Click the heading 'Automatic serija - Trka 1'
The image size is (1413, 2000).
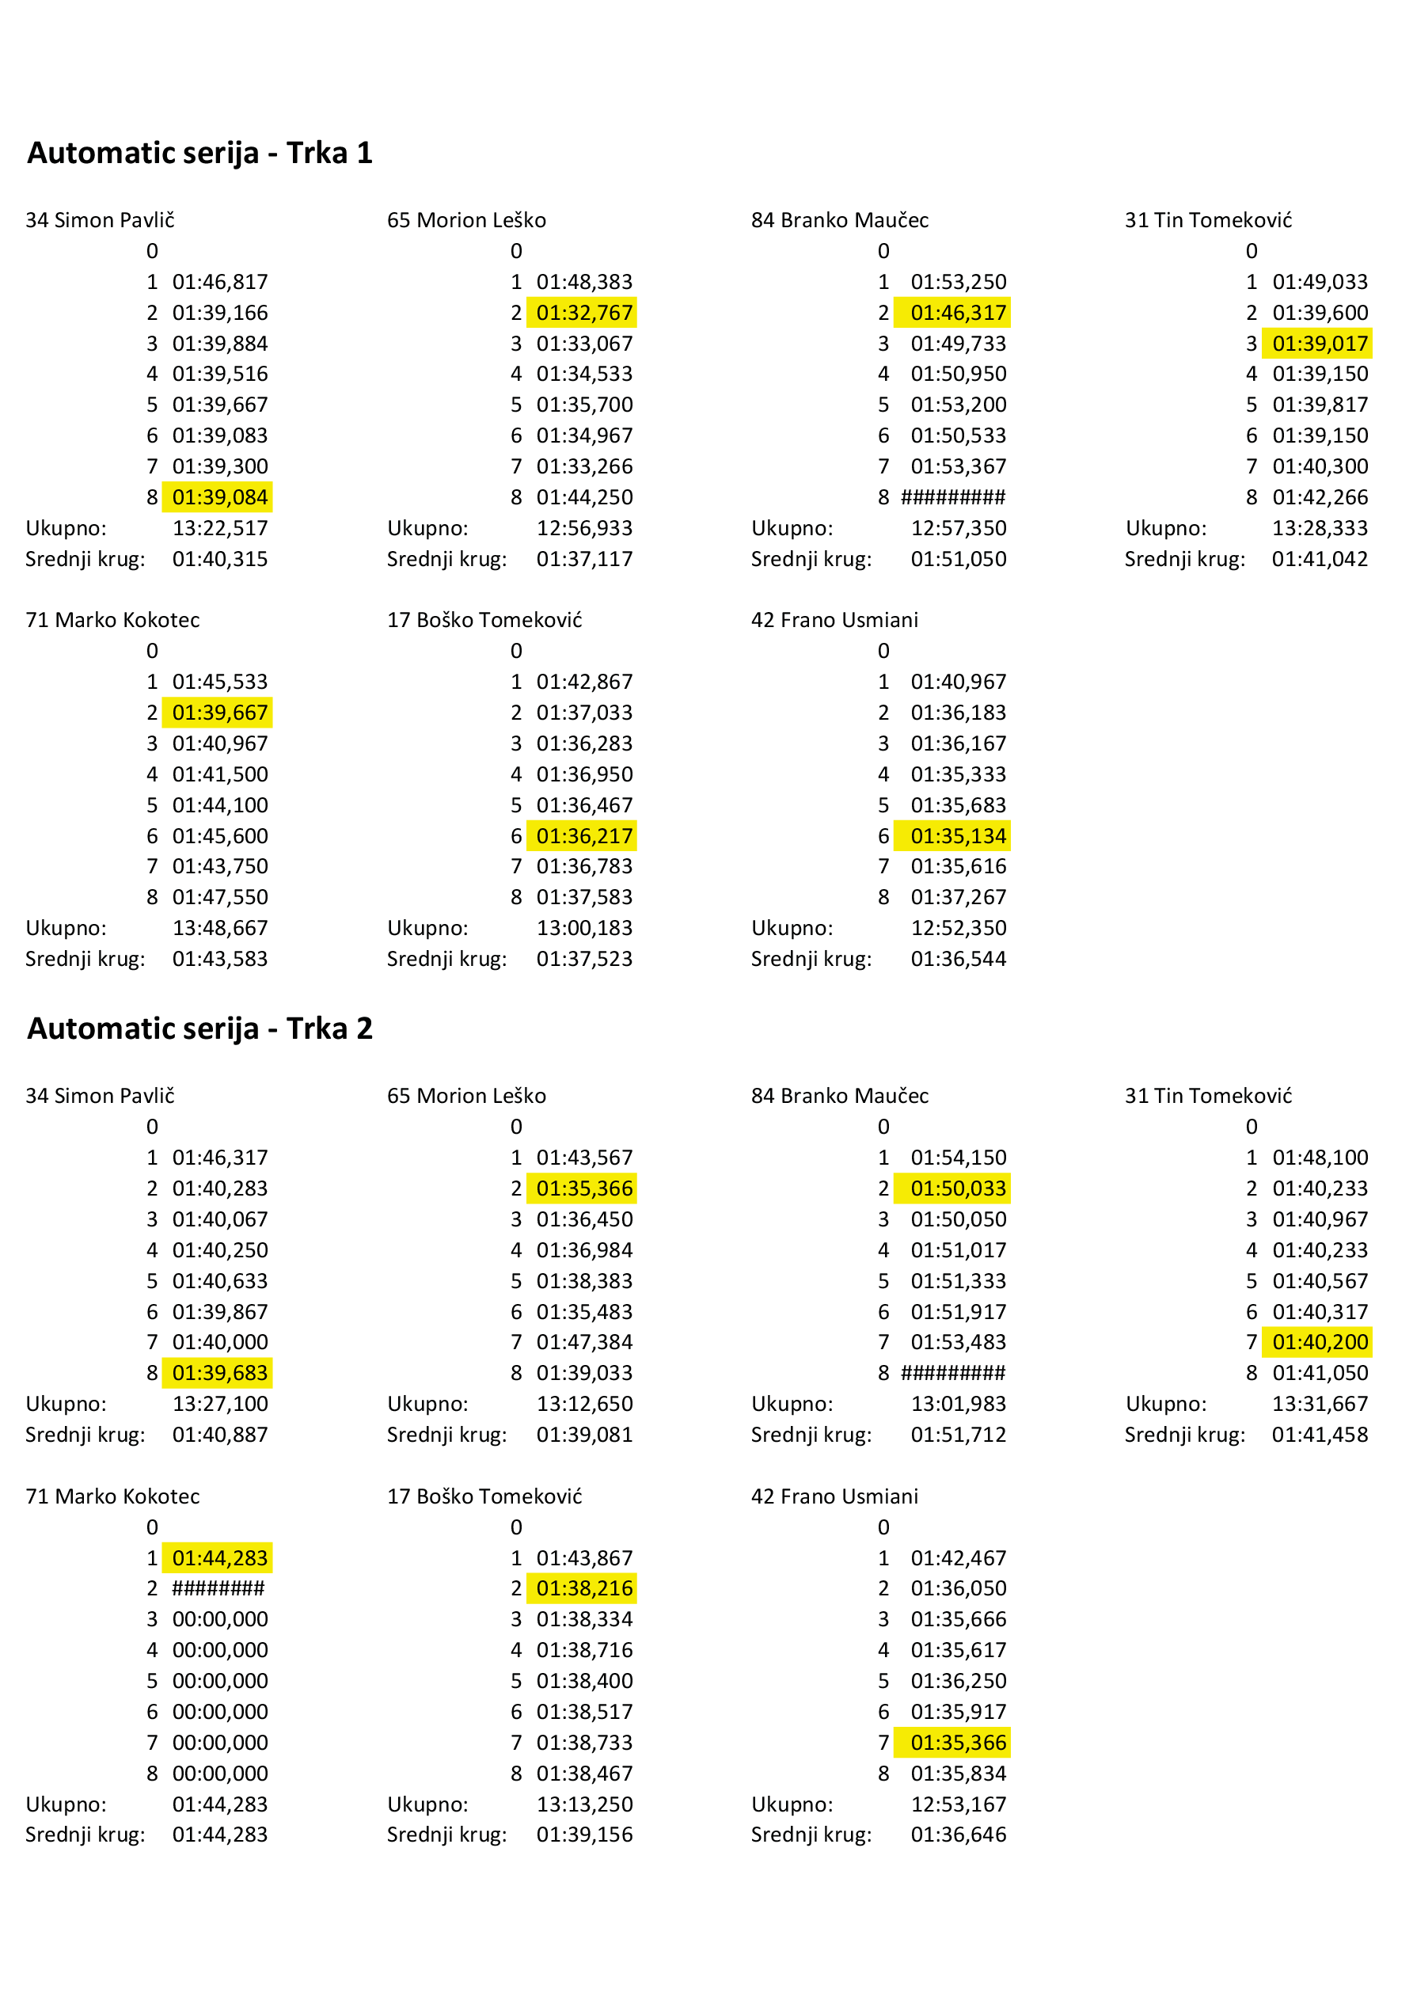tap(199, 154)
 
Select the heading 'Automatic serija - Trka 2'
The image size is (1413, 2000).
tap(199, 1029)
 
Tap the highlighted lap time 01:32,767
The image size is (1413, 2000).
tap(583, 313)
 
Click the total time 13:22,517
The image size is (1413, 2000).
tap(219, 528)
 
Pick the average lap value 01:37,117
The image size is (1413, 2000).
tap(583, 559)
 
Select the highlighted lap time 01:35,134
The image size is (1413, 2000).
tap(957, 836)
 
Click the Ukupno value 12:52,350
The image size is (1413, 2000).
tap(957, 928)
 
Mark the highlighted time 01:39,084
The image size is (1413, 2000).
tap(219, 497)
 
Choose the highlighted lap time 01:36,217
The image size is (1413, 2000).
tap(583, 836)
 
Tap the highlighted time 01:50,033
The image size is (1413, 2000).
tap(957, 1188)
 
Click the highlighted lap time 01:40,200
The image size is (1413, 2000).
tap(1319, 1341)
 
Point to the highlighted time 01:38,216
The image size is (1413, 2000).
tap(583, 1588)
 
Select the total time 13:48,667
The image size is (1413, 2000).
tap(219, 928)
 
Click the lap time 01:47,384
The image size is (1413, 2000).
tap(583, 1341)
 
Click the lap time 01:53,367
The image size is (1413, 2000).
tap(957, 467)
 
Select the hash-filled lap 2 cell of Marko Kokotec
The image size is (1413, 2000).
tap(218, 1588)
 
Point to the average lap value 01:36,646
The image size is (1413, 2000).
tap(957, 1835)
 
